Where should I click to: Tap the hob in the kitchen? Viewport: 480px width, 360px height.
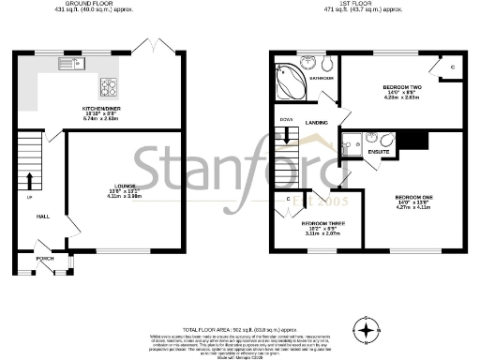pos(109,87)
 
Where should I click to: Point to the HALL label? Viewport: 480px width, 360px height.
pos(41,216)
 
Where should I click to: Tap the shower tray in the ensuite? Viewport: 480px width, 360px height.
pos(353,142)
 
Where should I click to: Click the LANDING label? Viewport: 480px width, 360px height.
pos(315,122)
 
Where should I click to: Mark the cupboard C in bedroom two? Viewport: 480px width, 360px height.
pos(454,68)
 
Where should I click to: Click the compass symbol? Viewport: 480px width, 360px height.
pos(367,329)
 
